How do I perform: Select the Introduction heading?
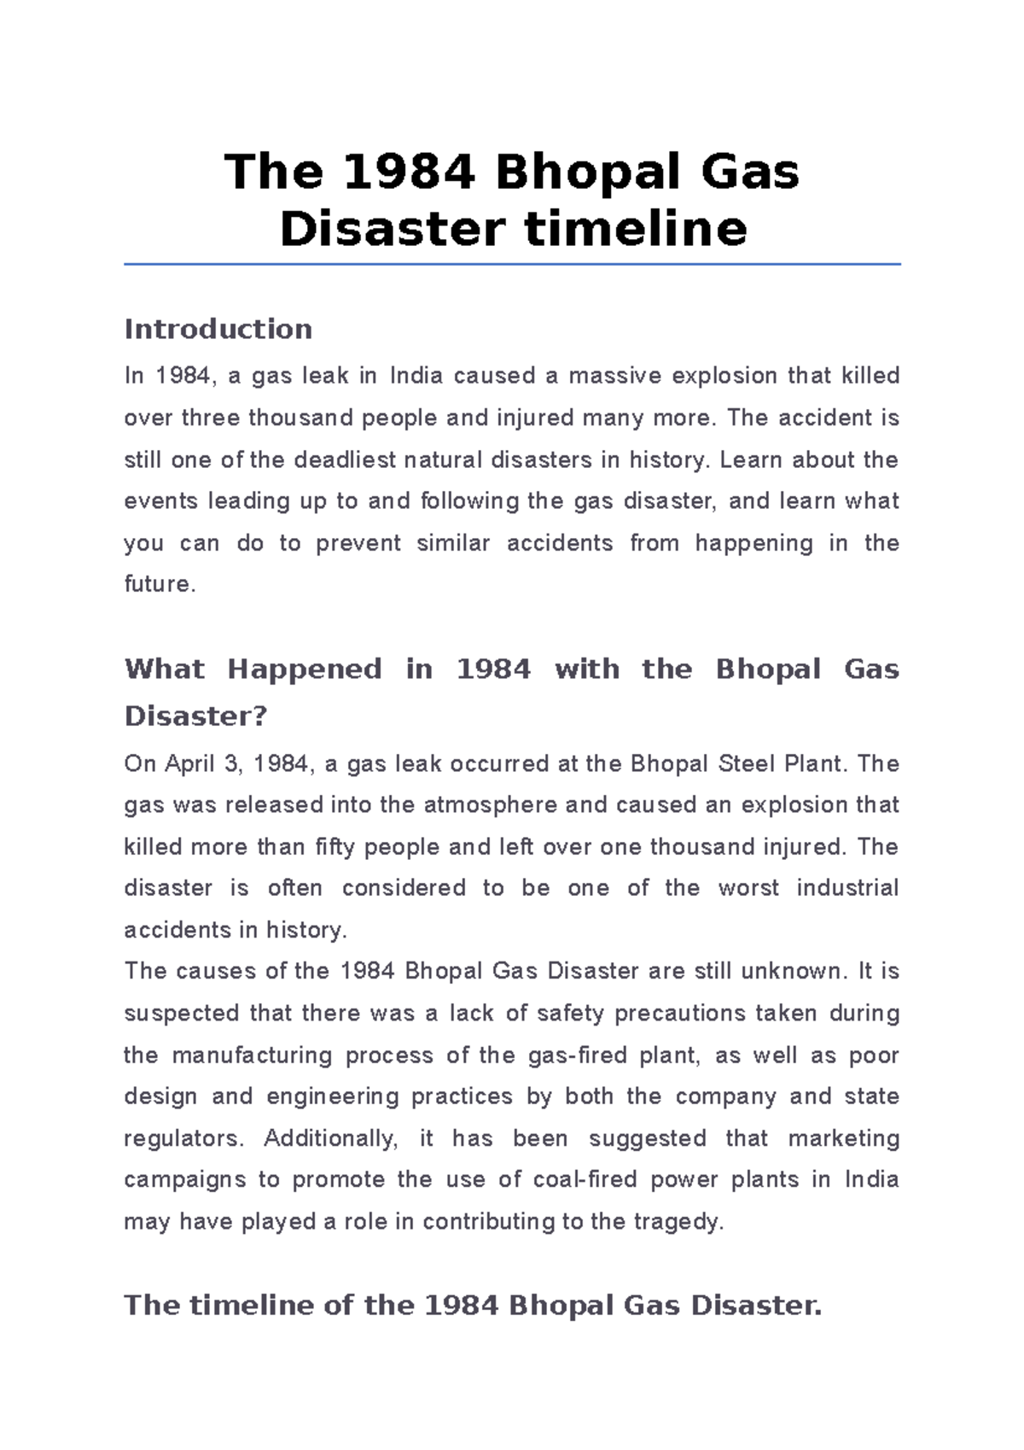(x=218, y=329)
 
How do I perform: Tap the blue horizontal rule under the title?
(x=512, y=265)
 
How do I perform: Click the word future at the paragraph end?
(x=158, y=585)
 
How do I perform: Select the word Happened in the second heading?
(x=304, y=669)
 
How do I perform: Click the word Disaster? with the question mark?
(x=195, y=716)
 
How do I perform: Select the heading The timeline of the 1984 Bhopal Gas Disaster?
(x=472, y=1306)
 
